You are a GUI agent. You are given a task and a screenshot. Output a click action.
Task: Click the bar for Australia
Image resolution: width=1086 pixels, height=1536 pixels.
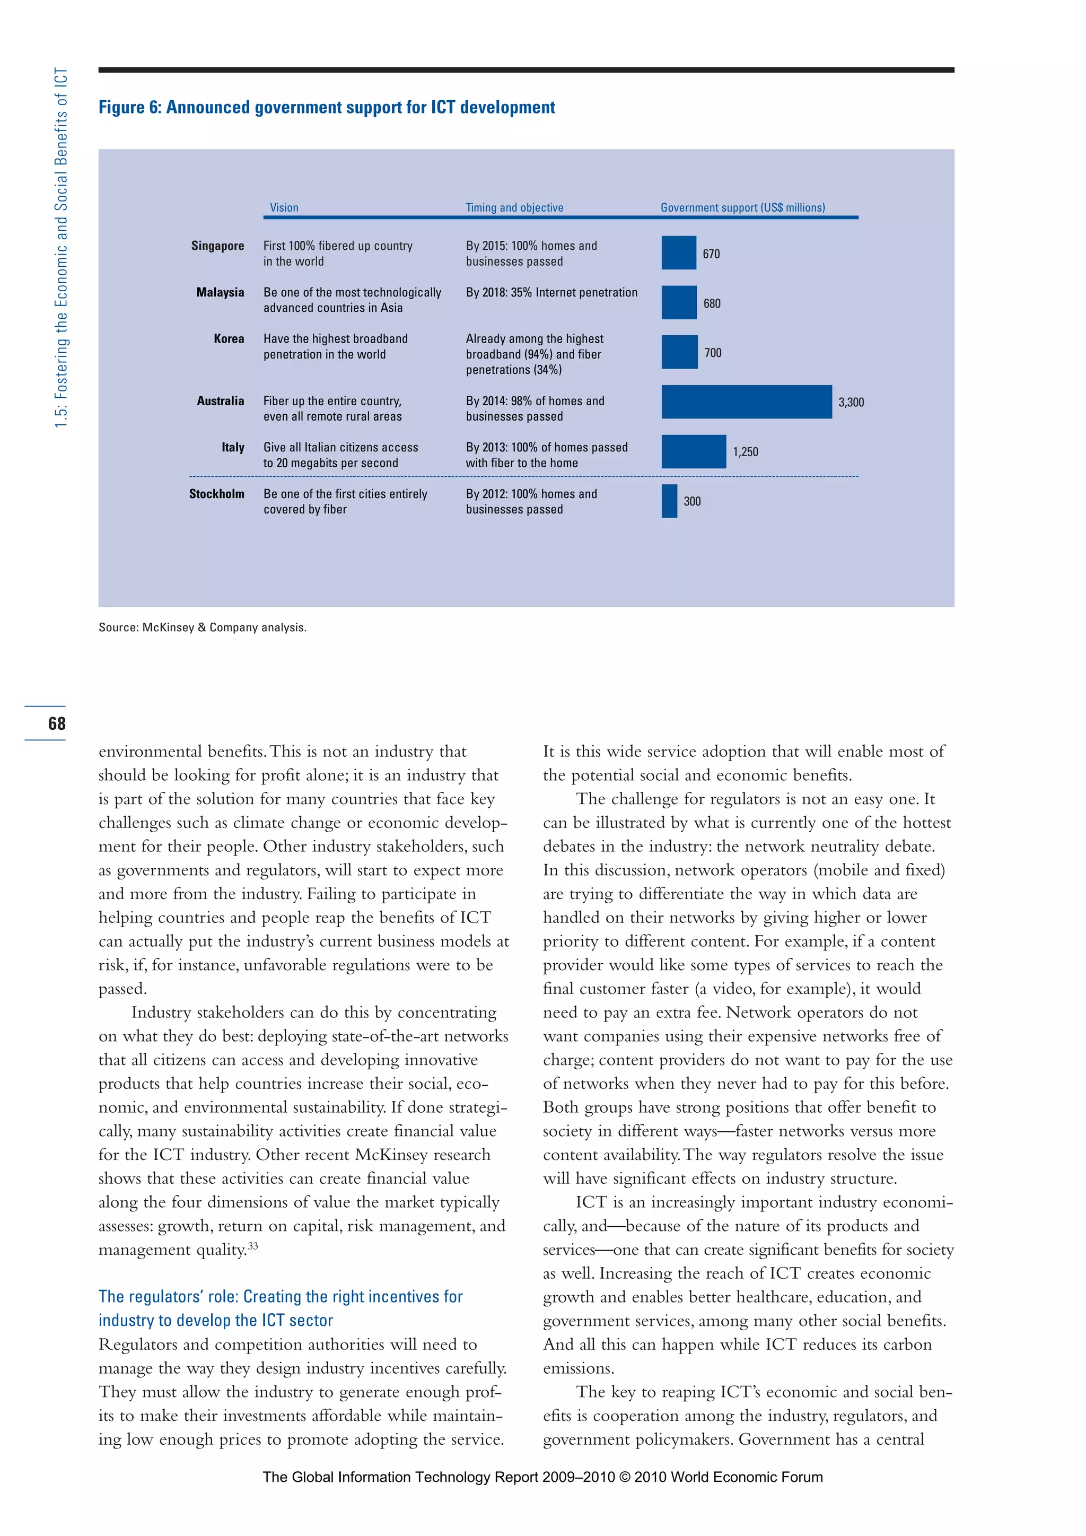tap(746, 402)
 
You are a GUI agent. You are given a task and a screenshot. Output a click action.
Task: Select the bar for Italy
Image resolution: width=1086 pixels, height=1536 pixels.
tap(694, 451)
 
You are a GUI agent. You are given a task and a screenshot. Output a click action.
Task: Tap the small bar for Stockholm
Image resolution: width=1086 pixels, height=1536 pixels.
tap(669, 501)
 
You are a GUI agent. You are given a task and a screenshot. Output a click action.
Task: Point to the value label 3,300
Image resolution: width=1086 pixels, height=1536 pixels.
tap(851, 403)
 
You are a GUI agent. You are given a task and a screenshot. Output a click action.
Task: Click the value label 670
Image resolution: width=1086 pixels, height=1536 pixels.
tap(711, 254)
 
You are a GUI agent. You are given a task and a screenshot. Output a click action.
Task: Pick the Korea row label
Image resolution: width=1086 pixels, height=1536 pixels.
tap(229, 339)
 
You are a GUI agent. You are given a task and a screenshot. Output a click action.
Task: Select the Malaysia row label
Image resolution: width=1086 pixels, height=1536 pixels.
tap(220, 292)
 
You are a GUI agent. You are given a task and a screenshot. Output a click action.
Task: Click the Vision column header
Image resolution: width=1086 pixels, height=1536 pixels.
tap(284, 207)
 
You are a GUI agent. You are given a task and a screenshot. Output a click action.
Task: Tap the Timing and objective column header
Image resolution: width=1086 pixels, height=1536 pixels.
tap(514, 207)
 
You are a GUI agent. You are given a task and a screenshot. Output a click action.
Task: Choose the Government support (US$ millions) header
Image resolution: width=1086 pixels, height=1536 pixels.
tap(742, 207)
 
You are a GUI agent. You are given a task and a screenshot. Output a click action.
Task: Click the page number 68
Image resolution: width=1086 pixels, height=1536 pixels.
tap(57, 723)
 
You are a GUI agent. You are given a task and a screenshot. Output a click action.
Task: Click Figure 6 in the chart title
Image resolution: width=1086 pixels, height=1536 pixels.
tap(130, 108)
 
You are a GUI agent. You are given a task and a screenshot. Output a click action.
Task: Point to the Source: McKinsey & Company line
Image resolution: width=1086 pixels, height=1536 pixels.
tap(202, 627)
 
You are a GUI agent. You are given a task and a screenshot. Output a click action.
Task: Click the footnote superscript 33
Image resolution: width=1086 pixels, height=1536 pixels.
tap(253, 1246)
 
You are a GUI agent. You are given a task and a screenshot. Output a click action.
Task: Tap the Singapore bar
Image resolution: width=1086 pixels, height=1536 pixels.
tap(679, 253)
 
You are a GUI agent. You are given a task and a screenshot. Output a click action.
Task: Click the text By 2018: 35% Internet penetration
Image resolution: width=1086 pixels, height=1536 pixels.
tap(551, 292)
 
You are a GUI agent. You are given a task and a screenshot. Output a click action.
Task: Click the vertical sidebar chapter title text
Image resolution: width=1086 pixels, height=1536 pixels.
tap(61, 248)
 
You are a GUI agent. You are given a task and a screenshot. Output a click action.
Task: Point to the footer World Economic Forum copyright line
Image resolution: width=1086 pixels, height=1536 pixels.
tap(542, 1477)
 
